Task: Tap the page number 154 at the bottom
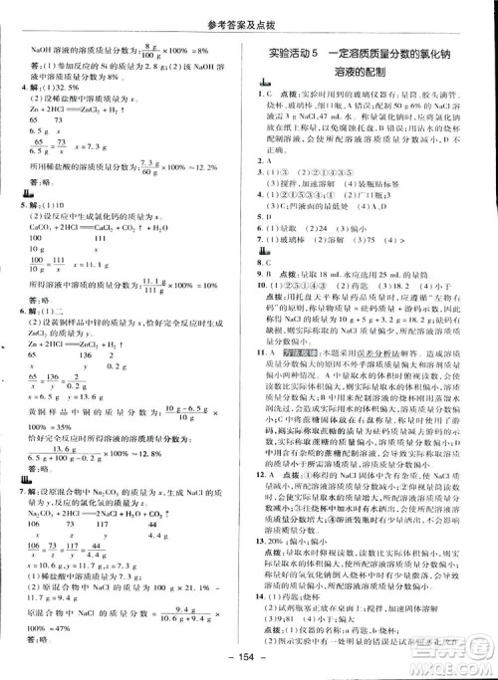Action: click(250, 664)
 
